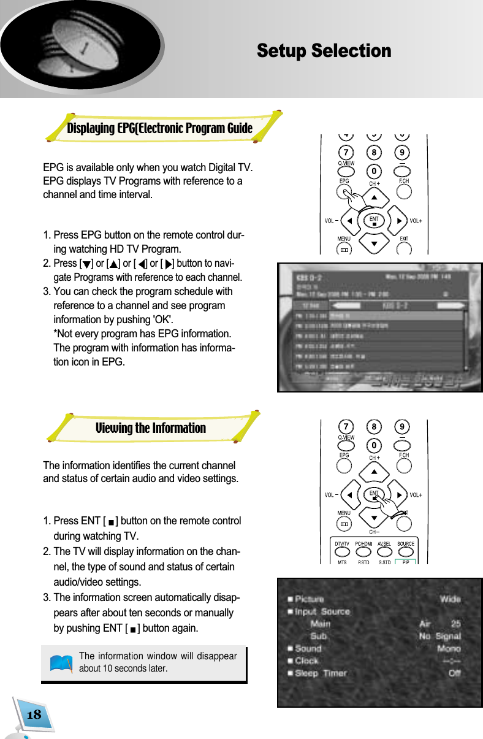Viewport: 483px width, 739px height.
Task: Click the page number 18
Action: tap(34, 714)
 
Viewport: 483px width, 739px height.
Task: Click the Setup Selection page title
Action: tap(324, 51)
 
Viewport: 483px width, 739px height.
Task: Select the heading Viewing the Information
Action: tap(150, 428)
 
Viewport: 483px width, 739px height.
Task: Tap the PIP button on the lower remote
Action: tap(405, 562)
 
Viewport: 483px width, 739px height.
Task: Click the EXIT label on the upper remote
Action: tap(404, 239)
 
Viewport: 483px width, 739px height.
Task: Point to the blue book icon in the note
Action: tap(61, 664)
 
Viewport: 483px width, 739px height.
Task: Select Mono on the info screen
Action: tap(449, 648)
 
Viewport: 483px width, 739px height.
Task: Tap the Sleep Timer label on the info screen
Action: tap(321, 673)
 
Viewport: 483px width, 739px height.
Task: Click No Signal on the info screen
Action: tap(439, 636)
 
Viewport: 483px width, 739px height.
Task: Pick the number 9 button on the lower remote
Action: tap(402, 426)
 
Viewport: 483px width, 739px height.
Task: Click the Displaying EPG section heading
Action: tap(159, 128)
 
